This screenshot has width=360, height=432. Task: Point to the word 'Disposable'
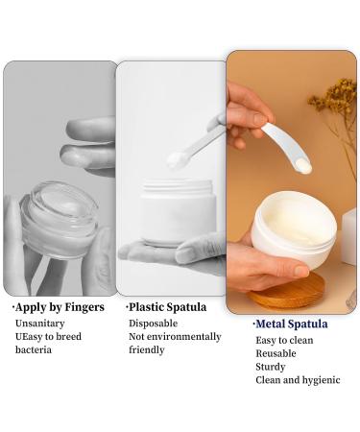(x=155, y=324)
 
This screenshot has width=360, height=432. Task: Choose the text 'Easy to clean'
(x=285, y=340)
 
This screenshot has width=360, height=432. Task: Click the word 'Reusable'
(x=276, y=353)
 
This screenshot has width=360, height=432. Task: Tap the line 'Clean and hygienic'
(x=298, y=380)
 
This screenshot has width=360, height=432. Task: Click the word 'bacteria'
(x=34, y=350)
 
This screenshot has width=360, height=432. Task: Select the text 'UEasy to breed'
(x=47, y=337)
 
